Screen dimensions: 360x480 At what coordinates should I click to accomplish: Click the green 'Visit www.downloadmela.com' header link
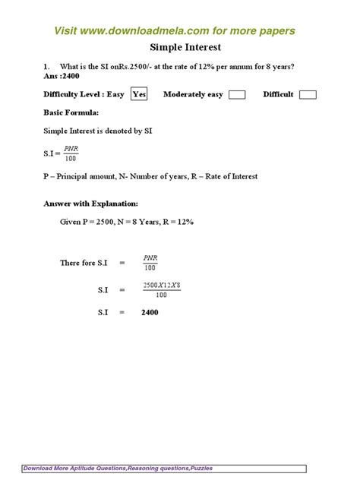coord(174,30)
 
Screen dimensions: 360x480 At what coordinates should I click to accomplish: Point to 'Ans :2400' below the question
coord(63,77)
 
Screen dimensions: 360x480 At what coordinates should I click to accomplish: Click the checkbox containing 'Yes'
coord(139,94)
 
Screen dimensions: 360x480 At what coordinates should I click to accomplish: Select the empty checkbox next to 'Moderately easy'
coord(237,95)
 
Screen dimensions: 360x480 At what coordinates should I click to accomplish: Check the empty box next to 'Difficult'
coord(308,95)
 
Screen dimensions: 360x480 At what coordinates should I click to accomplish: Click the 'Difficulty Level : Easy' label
coord(84,94)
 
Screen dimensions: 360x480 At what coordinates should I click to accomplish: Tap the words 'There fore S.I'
coord(84,263)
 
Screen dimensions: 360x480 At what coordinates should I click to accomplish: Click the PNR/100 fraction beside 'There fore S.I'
coord(150,263)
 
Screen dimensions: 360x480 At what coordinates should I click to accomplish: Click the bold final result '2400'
coord(150,312)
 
